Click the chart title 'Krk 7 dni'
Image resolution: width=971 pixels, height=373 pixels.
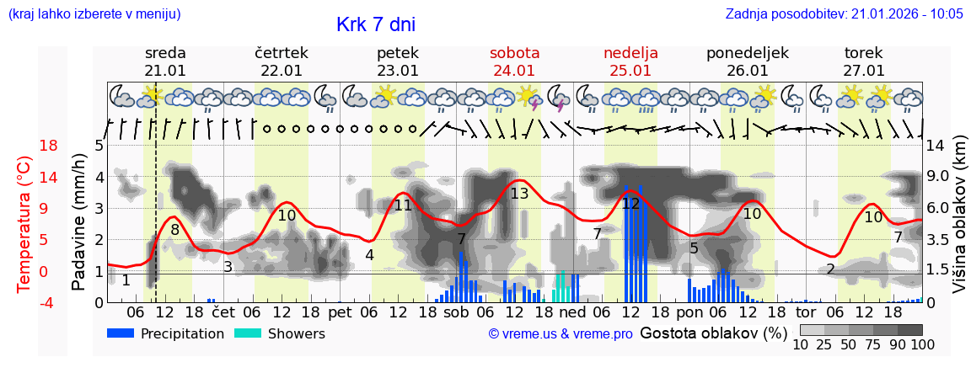(375, 24)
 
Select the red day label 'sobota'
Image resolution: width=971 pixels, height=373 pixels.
(514, 52)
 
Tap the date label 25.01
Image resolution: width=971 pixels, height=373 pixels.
(630, 71)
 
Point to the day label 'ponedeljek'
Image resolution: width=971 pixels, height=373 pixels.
(747, 52)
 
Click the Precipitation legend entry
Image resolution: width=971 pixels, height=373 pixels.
(165, 333)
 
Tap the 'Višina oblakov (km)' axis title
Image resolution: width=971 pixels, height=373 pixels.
(960, 223)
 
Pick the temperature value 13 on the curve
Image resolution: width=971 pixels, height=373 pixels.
(519, 194)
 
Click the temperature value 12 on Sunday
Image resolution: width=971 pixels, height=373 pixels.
(630, 203)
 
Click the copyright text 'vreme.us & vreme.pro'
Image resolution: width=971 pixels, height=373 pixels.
(561, 334)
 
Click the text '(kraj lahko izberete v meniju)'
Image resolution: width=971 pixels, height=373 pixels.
(94, 13)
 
